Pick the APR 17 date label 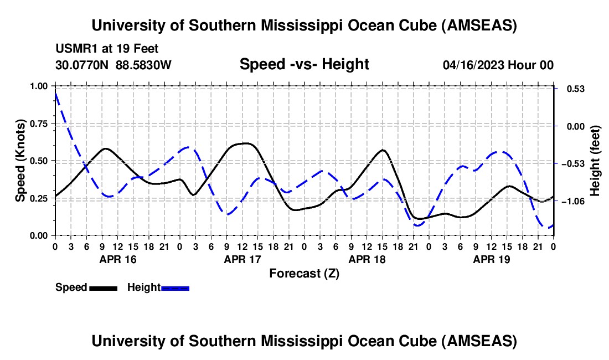point(242,259)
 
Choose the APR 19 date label point(492,259)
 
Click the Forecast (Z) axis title point(304,273)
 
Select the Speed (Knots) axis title point(20,160)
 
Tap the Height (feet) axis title point(595,161)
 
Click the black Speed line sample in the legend point(104,288)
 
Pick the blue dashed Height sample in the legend point(176,288)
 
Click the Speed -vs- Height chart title point(304,64)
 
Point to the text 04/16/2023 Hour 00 point(498,65)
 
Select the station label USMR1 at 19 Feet point(107,49)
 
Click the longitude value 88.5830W point(144,65)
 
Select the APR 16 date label point(118,259)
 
